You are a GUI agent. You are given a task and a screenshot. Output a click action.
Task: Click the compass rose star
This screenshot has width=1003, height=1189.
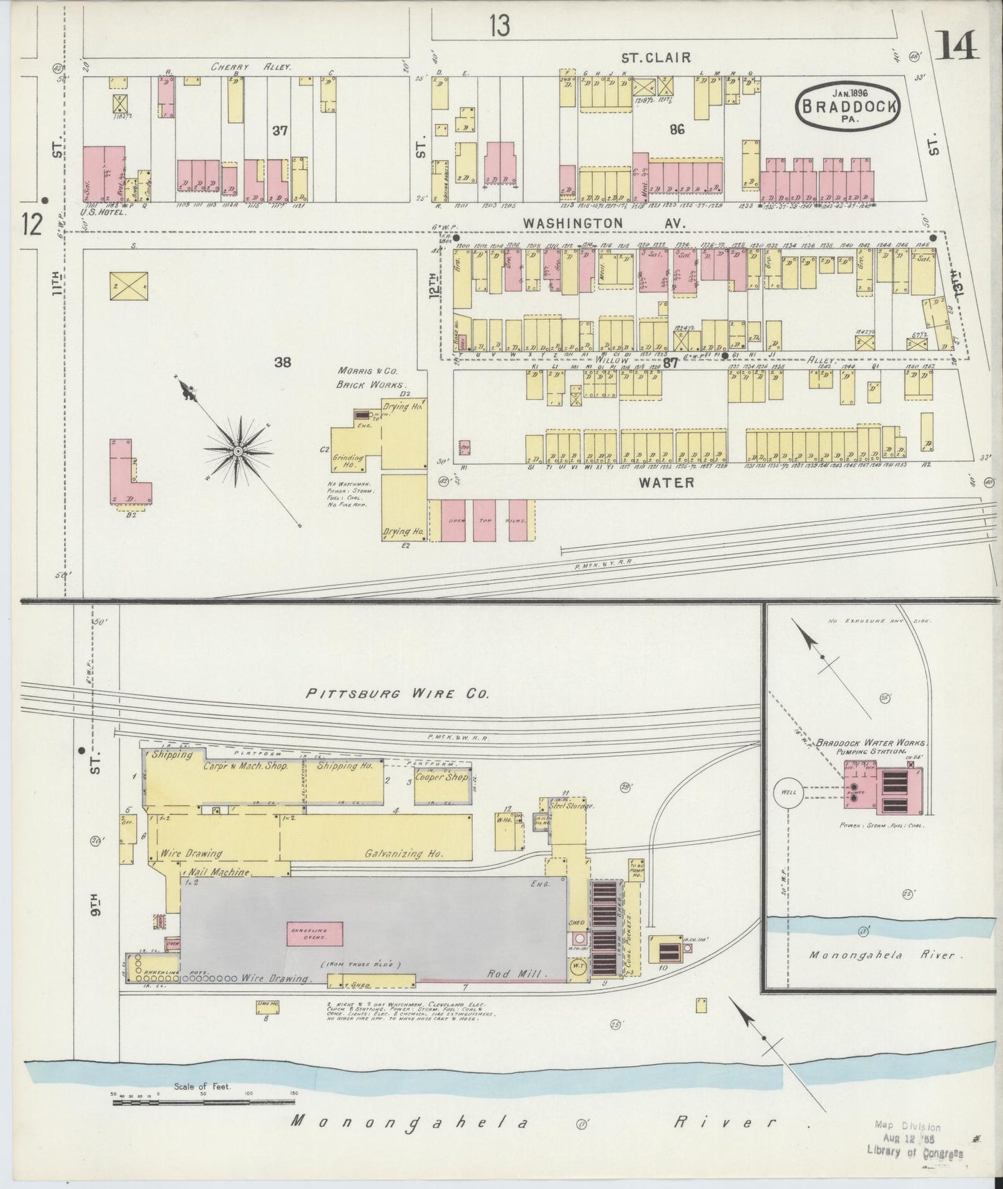[238, 451]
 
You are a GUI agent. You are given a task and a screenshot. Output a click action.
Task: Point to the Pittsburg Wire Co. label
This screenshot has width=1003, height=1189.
[398, 693]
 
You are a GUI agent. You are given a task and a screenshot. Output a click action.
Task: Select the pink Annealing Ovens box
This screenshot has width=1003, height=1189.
[308, 934]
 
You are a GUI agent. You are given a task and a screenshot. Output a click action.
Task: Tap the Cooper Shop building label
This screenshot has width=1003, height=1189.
[442, 777]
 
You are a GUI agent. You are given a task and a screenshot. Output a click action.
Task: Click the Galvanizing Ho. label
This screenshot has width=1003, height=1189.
[405, 854]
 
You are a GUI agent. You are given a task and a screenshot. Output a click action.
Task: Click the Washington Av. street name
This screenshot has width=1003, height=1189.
[604, 223]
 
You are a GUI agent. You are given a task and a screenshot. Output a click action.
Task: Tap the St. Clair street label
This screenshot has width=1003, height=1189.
[656, 58]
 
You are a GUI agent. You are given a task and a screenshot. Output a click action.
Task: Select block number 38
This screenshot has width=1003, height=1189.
[282, 361]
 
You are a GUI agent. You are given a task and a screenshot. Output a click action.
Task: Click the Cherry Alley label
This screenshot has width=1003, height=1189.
[251, 67]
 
